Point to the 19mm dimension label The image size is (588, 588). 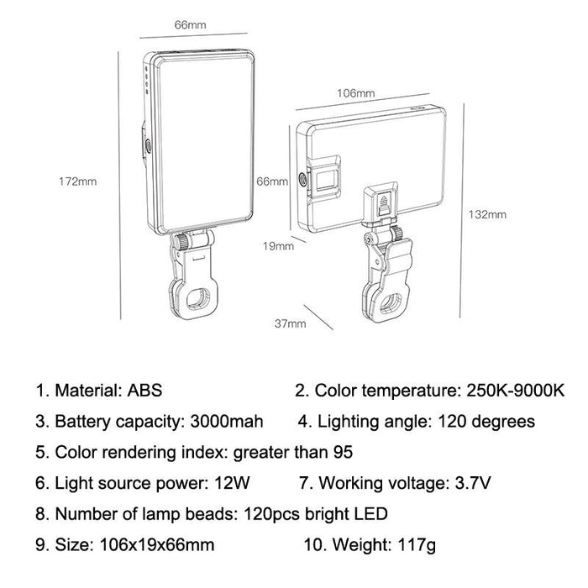click(279, 246)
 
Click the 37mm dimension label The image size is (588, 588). click(291, 322)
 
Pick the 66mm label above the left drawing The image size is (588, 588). click(190, 25)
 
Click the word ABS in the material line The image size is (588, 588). click(146, 391)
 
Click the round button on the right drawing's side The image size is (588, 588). click(303, 178)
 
